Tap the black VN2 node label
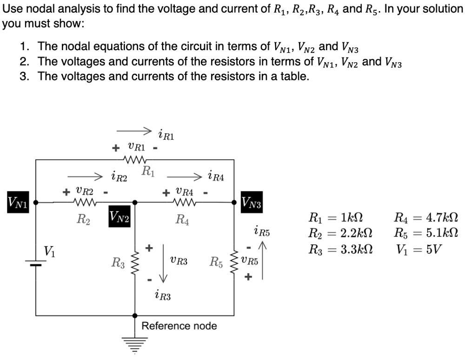coord(119,216)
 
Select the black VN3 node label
coord(251,203)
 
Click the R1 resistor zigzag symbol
coord(135,160)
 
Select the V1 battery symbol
coord(36,263)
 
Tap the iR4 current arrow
coord(184,177)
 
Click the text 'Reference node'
coord(179,326)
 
